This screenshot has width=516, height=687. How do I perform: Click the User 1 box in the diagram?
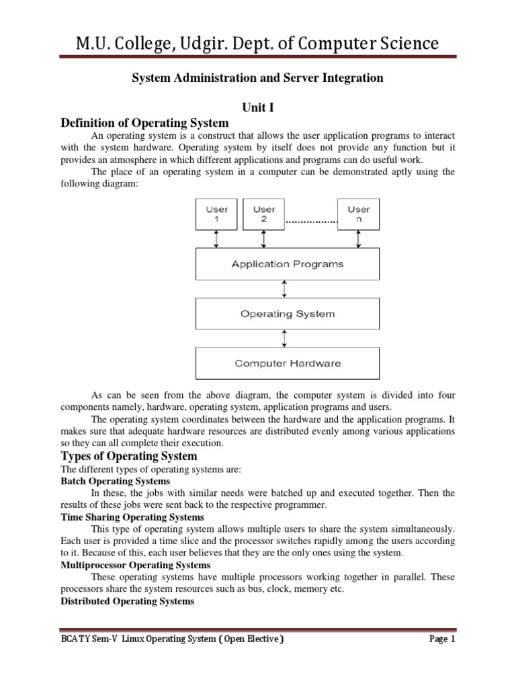[x=216, y=214]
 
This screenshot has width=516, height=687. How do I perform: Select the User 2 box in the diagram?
[x=263, y=214]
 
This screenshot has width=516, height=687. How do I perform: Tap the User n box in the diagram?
[x=358, y=214]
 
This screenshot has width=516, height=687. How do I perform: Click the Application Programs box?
[x=287, y=264]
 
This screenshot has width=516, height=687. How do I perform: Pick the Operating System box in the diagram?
[x=287, y=314]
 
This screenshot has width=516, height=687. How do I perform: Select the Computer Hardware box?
[x=287, y=364]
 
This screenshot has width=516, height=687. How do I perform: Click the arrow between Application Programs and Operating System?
[x=286, y=289]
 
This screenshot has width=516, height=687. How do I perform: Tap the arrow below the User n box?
[x=358, y=239]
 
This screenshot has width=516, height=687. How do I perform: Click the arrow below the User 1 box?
[x=216, y=239]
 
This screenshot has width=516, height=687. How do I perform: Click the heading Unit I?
[x=259, y=107]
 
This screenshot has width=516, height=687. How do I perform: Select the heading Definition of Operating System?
[x=144, y=123]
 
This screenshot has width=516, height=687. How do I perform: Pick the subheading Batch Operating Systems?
[x=116, y=481]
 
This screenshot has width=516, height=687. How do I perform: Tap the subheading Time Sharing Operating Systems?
[x=132, y=517]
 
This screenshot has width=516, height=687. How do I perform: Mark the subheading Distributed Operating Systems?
[x=128, y=602]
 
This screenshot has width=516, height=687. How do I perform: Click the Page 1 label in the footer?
[x=442, y=639]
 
